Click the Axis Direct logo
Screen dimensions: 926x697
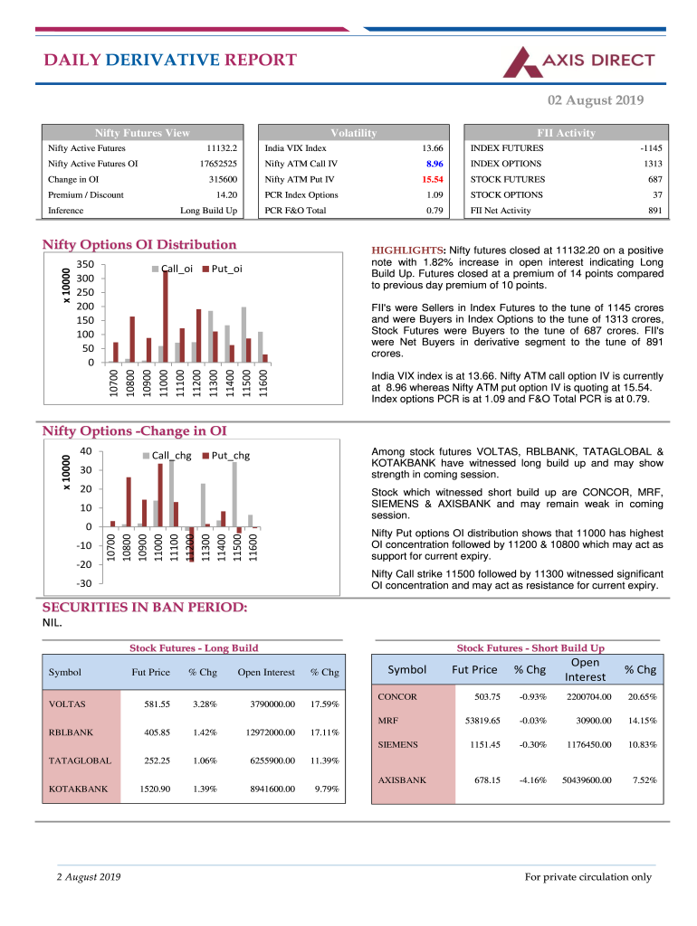click(x=579, y=61)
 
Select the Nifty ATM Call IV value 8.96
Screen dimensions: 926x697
click(x=433, y=164)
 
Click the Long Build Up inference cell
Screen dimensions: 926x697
click(x=209, y=210)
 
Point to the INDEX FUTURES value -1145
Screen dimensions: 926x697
click(x=651, y=148)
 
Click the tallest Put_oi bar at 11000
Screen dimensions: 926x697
click(x=166, y=316)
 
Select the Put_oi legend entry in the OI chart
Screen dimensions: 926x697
click(x=221, y=269)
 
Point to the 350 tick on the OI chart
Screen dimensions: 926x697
click(x=86, y=264)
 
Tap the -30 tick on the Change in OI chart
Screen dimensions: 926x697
click(x=84, y=583)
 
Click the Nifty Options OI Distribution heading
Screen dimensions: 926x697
click(x=139, y=244)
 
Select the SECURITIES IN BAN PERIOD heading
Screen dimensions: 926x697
click(x=144, y=608)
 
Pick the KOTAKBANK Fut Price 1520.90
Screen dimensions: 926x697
click(x=155, y=789)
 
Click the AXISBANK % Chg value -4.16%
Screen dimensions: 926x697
click(x=531, y=780)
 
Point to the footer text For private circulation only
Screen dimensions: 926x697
click(x=588, y=876)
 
